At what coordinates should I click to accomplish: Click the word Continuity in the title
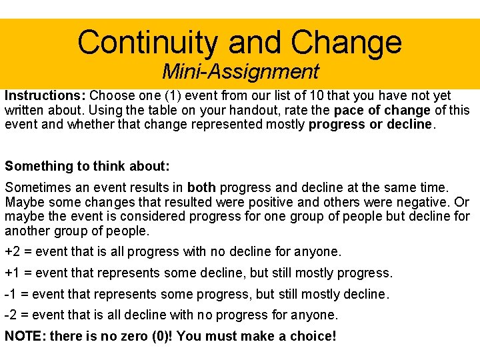147,43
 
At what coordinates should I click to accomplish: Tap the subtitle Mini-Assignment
240,71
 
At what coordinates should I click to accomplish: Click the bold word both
201,188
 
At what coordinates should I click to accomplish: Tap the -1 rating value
11,294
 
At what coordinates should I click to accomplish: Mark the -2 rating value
11,315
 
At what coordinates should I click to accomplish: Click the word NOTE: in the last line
24,336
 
